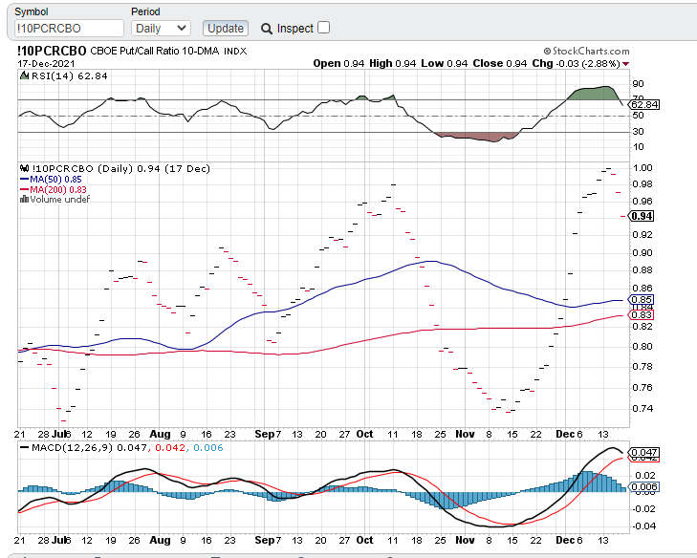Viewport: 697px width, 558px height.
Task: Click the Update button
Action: (226, 29)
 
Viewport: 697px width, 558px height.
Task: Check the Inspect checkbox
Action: (324, 28)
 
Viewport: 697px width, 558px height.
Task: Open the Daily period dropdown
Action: (161, 29)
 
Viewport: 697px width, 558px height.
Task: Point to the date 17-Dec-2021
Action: (46, 63)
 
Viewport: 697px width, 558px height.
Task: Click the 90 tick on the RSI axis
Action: (637, 84)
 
